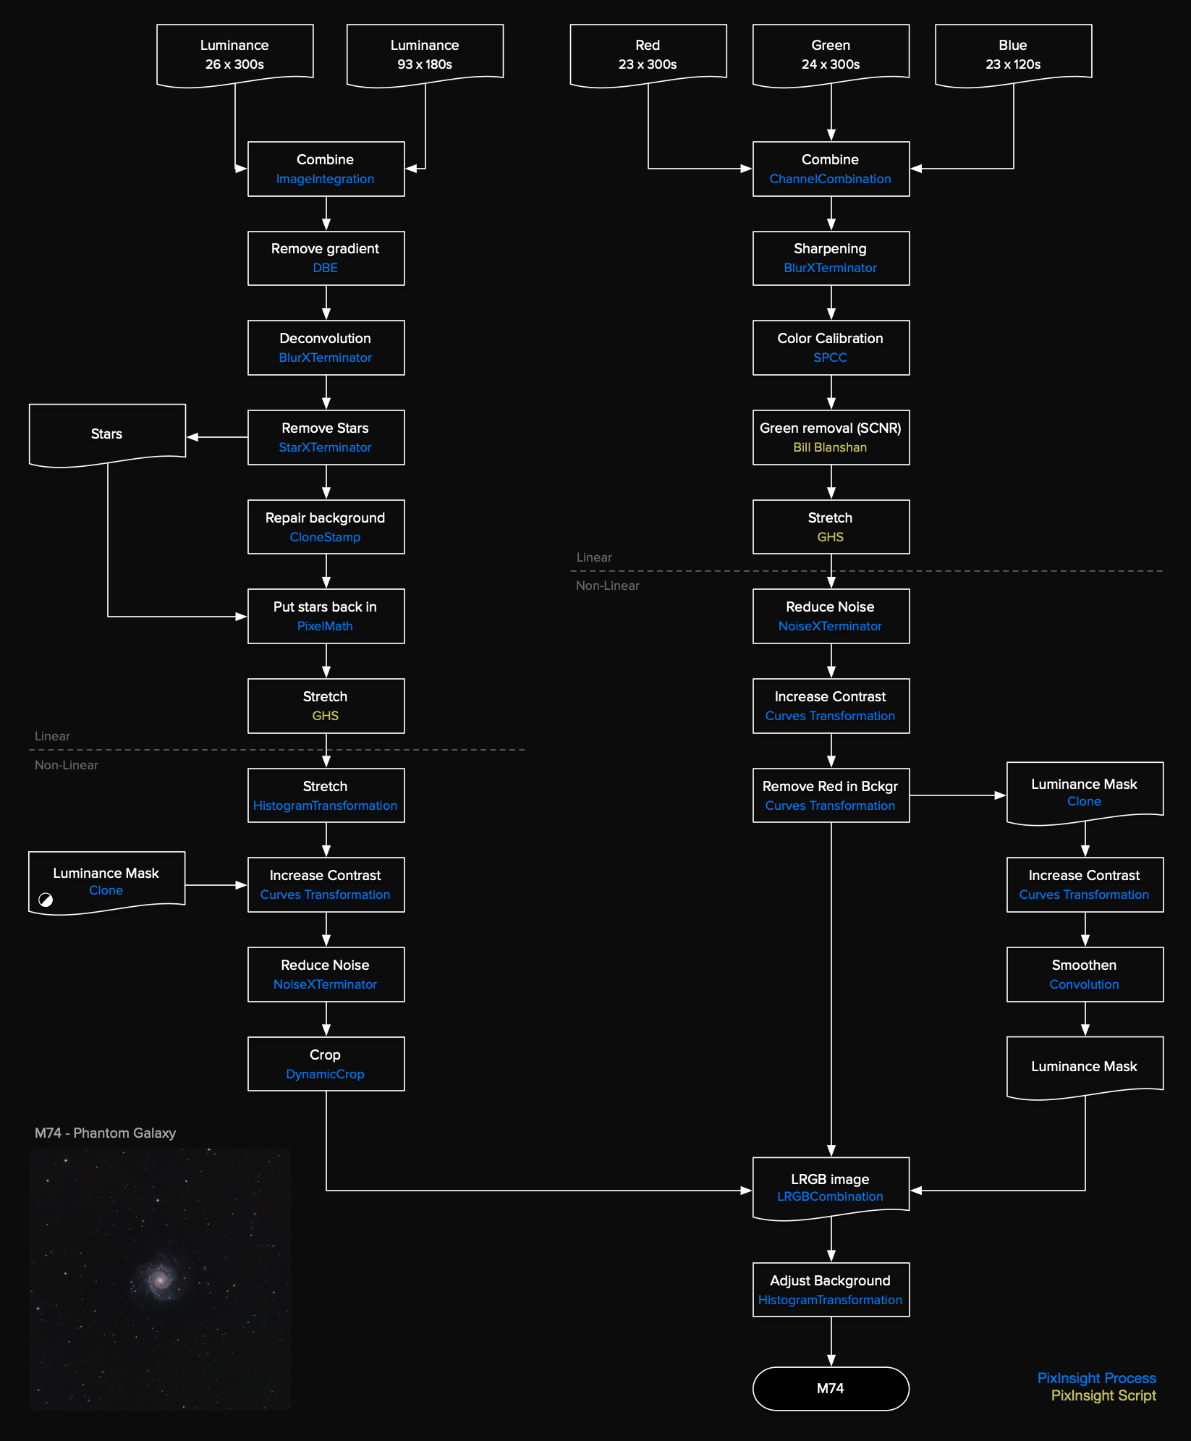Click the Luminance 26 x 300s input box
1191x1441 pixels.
click(x=234, y=54)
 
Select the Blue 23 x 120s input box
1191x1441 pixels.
click(x=1013, y=54)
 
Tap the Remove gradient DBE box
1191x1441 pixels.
click(x=326, y=258)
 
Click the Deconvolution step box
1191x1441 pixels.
click(x=326, y=347)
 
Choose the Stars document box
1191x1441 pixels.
click(x=107, y=434)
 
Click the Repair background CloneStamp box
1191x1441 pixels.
click(x=326, y=527)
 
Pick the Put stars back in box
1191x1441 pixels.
click(x=326, y=616)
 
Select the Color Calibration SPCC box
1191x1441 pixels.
click(x=831, y=347)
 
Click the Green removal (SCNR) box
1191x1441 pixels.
click(x=831, y=437)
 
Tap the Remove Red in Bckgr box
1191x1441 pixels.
click(x=831, y=795)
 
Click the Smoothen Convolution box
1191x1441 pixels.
click(x=1085, y=974)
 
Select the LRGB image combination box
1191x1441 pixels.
click(x=831, y=1187)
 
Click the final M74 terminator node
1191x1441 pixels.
click(x=831, y=1388)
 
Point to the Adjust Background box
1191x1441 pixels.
click(x=831, y=1290)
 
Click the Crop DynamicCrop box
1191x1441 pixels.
click(x=326, y=1064)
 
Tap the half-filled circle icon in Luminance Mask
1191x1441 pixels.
click(x=46, y=900)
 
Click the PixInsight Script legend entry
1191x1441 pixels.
click(x=1103, y=1395)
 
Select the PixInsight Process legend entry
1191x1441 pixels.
click(x=1096, y=1378)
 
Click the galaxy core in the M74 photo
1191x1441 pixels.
click(x=160, y=1279)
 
